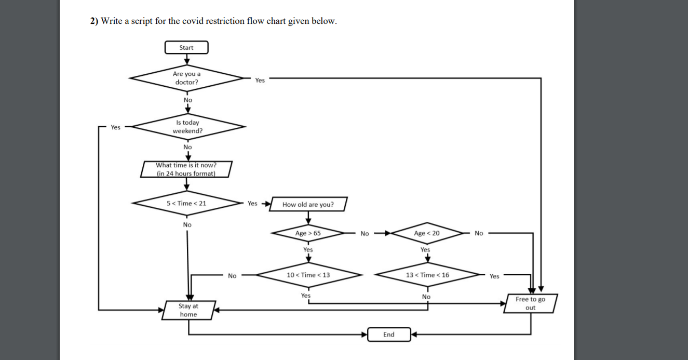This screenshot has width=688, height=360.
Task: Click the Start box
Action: pos(186,48)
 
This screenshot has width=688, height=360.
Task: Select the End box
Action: pos(389,335)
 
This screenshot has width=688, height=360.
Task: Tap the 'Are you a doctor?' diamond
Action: pos(186,78)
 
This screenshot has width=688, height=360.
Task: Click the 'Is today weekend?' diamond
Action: pos(187,127)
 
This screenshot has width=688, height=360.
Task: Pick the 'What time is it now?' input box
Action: pos(186,169)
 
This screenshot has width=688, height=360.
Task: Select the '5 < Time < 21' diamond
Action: pos(186,203)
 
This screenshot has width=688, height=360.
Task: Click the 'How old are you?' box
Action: pos(308,204)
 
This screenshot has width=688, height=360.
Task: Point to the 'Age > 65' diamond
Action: pos(308,233)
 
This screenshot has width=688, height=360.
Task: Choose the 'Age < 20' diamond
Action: pos(427,233)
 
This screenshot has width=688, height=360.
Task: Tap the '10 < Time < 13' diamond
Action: pos(308,275)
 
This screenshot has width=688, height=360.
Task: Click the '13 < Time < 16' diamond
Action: pos(427,275)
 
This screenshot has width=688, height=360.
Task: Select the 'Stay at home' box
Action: pos(188,310)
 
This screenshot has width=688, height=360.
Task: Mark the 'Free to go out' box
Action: pos(530,303)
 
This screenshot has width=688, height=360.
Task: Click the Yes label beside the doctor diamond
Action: pos(260,80)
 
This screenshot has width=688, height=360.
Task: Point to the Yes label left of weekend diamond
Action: pos(115,127)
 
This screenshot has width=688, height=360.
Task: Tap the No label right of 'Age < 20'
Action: pos(478,233)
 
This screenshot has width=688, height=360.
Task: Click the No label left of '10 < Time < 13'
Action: pos(232,276)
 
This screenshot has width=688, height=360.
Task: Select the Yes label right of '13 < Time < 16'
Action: pos(494,276)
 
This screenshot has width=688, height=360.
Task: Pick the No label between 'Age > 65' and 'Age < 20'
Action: pos(365,234)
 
